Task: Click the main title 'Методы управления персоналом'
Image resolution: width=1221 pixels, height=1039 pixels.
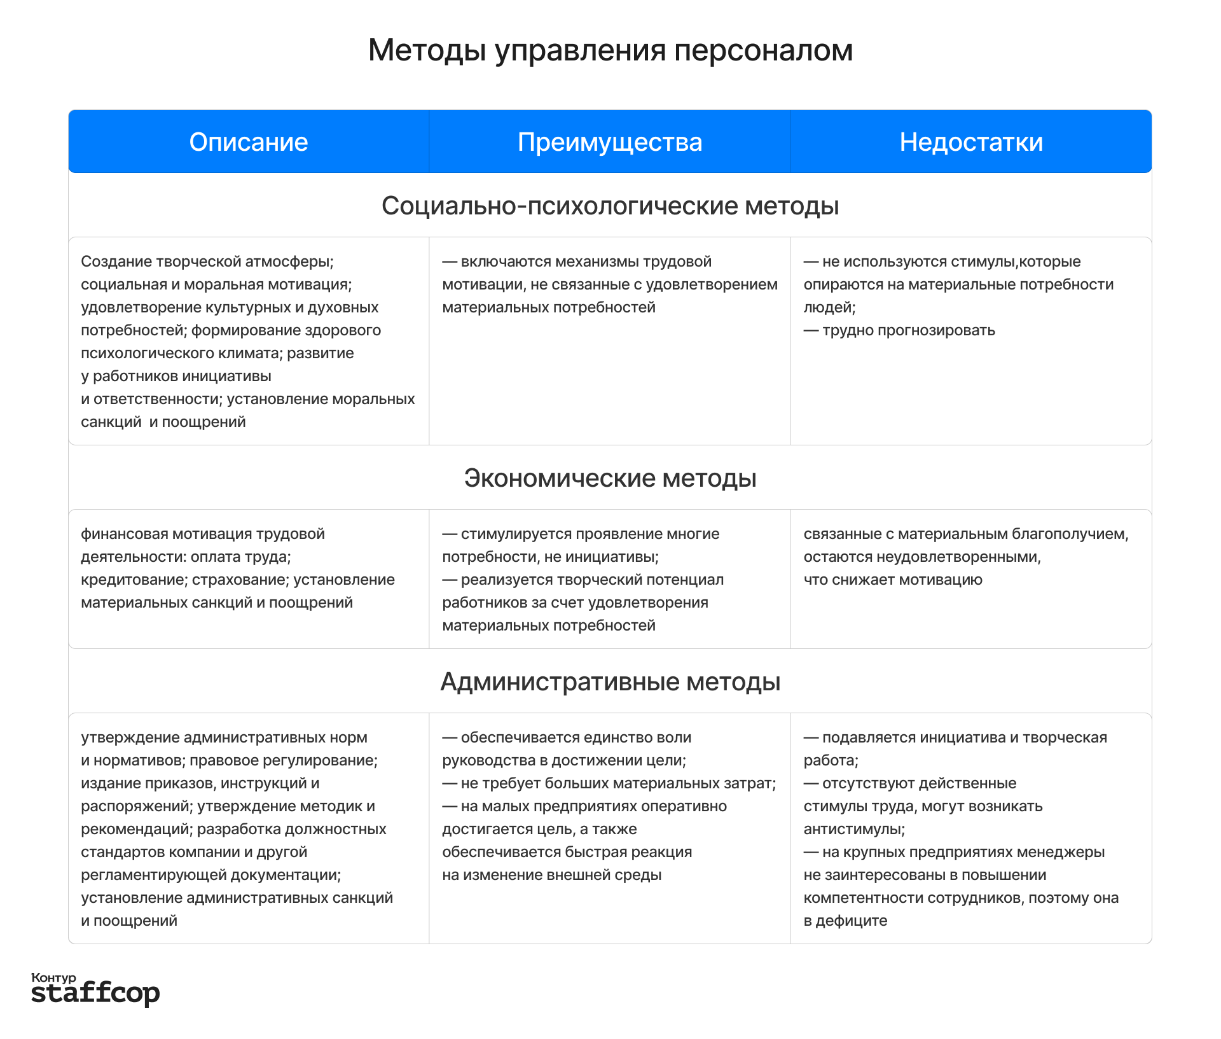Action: click(610, 50)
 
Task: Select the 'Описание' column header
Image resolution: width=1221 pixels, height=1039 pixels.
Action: click(249, 142)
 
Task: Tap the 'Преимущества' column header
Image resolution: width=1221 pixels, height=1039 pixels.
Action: click(610, 142)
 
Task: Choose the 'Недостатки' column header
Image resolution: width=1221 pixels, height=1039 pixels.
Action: click(971, 142)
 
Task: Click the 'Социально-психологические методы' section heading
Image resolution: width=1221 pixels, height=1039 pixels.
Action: click(610, 206)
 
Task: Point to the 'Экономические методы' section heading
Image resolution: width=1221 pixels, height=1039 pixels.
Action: click(610, 478)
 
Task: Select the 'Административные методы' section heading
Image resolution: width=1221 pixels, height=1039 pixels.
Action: click(610, 681)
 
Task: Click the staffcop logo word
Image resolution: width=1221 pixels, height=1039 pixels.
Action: click(95, 993)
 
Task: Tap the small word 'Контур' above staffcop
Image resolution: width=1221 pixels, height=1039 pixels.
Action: click(53, 977)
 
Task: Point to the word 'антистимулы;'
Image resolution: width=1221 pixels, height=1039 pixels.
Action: click(854, 829)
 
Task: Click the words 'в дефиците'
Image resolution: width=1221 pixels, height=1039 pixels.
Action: click(845, 921)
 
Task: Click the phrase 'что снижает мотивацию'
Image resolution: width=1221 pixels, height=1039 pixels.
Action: click(893, 580)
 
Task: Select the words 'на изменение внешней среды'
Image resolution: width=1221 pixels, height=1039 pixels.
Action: click(551, 875)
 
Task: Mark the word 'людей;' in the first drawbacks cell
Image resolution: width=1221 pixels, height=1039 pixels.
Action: click(829, 307)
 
